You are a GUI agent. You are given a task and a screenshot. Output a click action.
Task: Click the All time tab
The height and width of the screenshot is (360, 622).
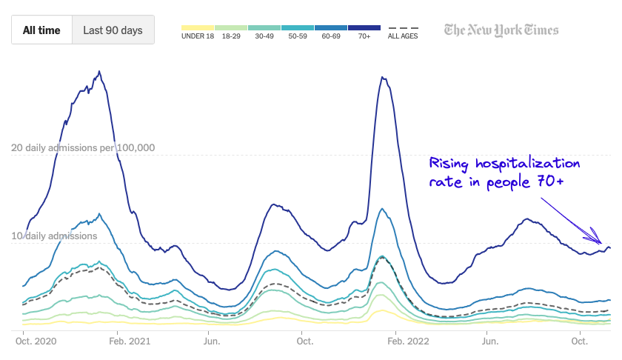pyautogui.click(x=41, y=31)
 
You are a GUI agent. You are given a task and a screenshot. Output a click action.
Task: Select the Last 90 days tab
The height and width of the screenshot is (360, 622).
pyautogui.click(x=113, y=31)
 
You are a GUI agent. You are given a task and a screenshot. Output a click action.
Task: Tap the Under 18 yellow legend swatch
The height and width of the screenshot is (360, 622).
pyautogui.click(x=198, y=27)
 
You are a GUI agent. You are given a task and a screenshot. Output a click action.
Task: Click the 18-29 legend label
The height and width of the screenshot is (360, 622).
pyautogui.click(x=231, y=36)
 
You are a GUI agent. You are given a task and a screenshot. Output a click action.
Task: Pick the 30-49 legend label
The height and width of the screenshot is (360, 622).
pyautogui.click(x=264, y=36)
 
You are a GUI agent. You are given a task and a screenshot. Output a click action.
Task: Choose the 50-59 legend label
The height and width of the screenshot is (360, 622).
pyautogui.click(x=298, y=36)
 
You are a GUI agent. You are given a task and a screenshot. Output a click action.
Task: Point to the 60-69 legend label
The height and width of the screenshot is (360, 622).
pyautogui.click(x=331, y=36)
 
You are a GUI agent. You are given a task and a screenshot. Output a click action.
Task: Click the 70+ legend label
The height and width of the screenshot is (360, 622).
pyautogui.click(x=364, y=36)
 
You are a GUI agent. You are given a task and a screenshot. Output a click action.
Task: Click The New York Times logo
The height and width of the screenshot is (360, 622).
pyautogui.click(x=501, y=30)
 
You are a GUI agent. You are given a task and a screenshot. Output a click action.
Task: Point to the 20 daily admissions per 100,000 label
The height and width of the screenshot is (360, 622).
pyautogui.click(x=83, y=147)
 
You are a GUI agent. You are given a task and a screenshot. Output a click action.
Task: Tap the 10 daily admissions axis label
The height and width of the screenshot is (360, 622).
pyautogui.click(x=54, y=236)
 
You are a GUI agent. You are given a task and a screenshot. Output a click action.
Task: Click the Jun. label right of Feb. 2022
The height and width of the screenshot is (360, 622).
pyautogui.click(x=489, y=341)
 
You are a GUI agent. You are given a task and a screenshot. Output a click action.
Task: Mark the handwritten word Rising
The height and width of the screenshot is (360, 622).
pyautogui.click(x=452, y=164)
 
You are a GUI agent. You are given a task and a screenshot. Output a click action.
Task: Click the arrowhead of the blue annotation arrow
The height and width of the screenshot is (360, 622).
pyautogui.click(x=601, y=241)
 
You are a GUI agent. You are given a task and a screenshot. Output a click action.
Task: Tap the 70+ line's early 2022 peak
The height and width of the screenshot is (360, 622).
pyautogui.click(x=382, y=77)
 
